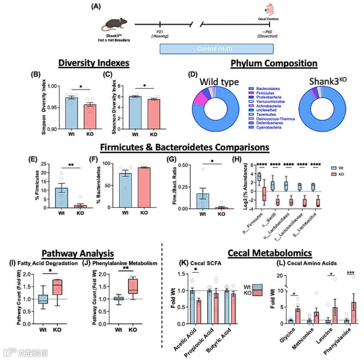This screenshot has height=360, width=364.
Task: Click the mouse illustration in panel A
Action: point(114,25)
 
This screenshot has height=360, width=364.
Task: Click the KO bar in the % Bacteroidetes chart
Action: point(147,188)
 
